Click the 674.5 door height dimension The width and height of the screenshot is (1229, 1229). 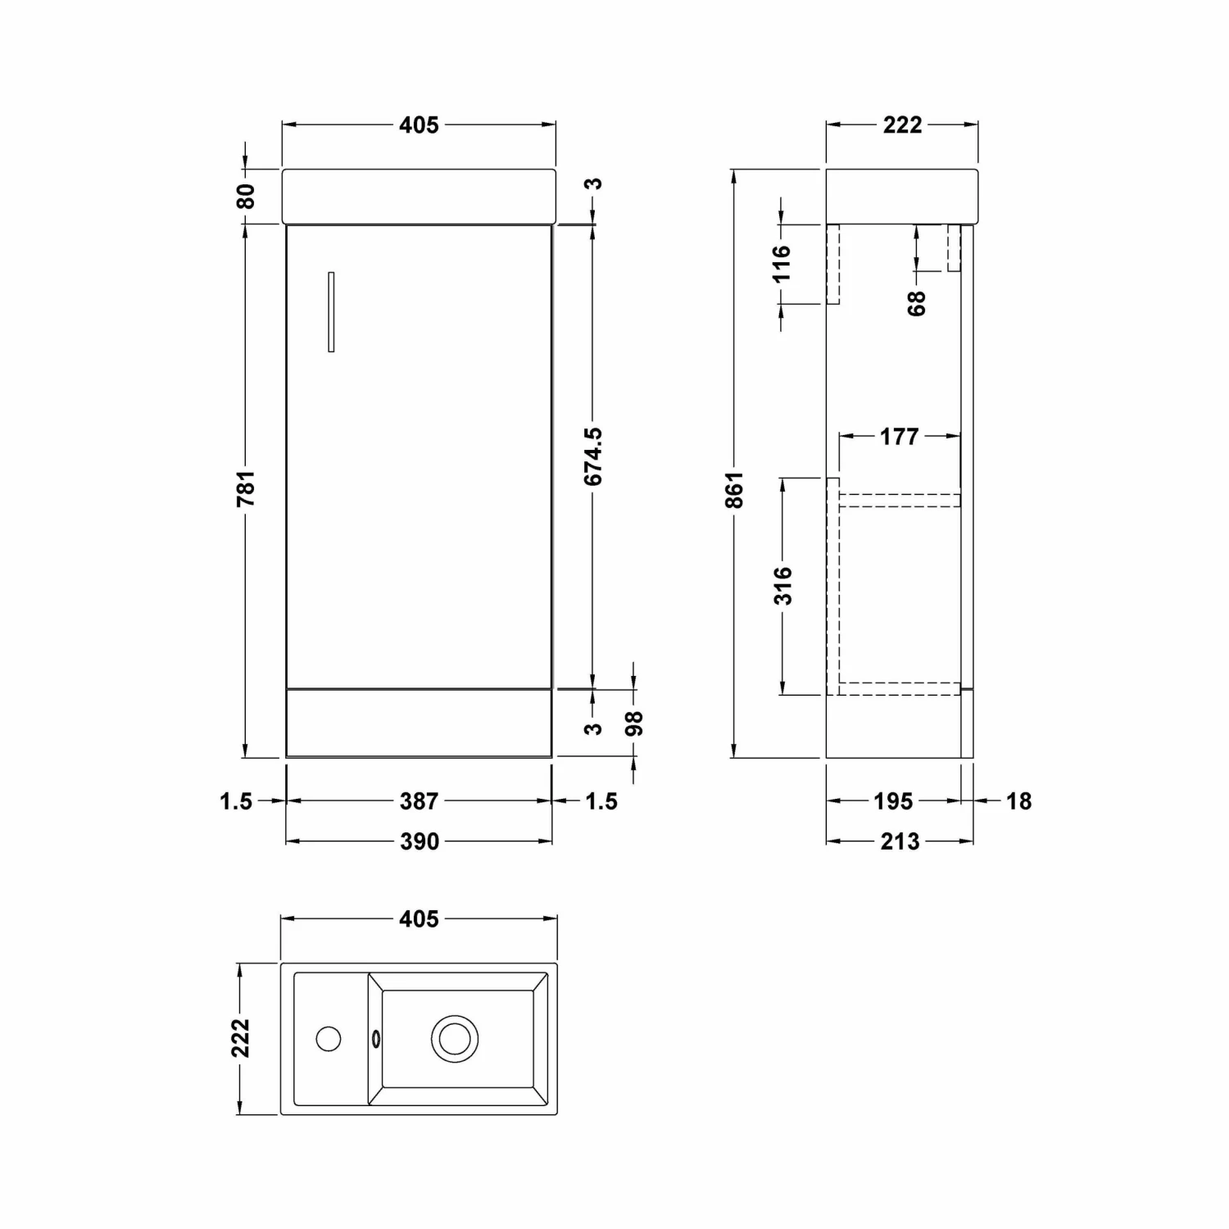click(x=593, y=456)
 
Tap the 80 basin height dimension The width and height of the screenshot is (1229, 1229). click(x=246, y=197)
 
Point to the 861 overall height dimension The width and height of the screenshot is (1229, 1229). click(x=734, y=489)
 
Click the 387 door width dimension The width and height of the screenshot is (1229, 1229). click(x=419, y=800)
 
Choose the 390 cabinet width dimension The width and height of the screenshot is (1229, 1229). click(x=419, y=841)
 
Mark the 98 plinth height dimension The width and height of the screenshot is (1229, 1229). click(x=634, y=723)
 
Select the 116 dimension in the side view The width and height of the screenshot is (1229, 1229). click(x=782, y=263)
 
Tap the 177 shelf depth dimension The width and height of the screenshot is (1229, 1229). click(x=899, y=437)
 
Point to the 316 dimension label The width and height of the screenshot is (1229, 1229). click(x=783, y=585)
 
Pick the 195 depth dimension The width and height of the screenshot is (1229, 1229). click(x=893, y=800)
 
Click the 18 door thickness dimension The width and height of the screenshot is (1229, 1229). click(x=1018, y=800)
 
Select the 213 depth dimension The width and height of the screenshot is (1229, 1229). click(x=900, y=841)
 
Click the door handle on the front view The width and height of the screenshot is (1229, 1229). click(x=331, y=312)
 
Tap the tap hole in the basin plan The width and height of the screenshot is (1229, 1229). click(x=329, y=1039)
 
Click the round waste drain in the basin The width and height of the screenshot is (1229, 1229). click(x=455, y=1039)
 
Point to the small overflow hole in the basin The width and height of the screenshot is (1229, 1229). click(x=376, y=1039)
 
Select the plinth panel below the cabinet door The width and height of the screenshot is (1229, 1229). click(x=419, y=722)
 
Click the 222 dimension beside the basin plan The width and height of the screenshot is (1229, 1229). click(x=240, y=1038)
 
